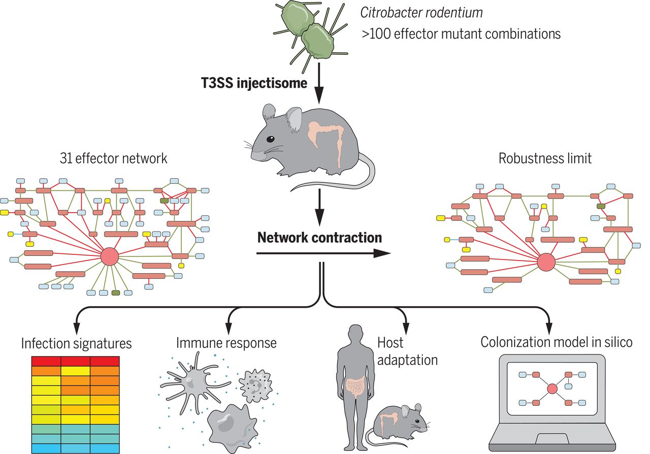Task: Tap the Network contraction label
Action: click(x=319, y=237)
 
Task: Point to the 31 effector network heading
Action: click(x=112, y=158)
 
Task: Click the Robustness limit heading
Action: click(x=545, y=158)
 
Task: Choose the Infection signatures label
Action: click(x=76, y=343)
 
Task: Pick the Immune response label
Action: click(x=226, y=343)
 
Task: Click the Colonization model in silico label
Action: click(x=557, y=342)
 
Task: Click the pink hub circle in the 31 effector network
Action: click(x=110, y=256)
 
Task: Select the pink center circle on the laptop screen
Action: click(x=552, y=389)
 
